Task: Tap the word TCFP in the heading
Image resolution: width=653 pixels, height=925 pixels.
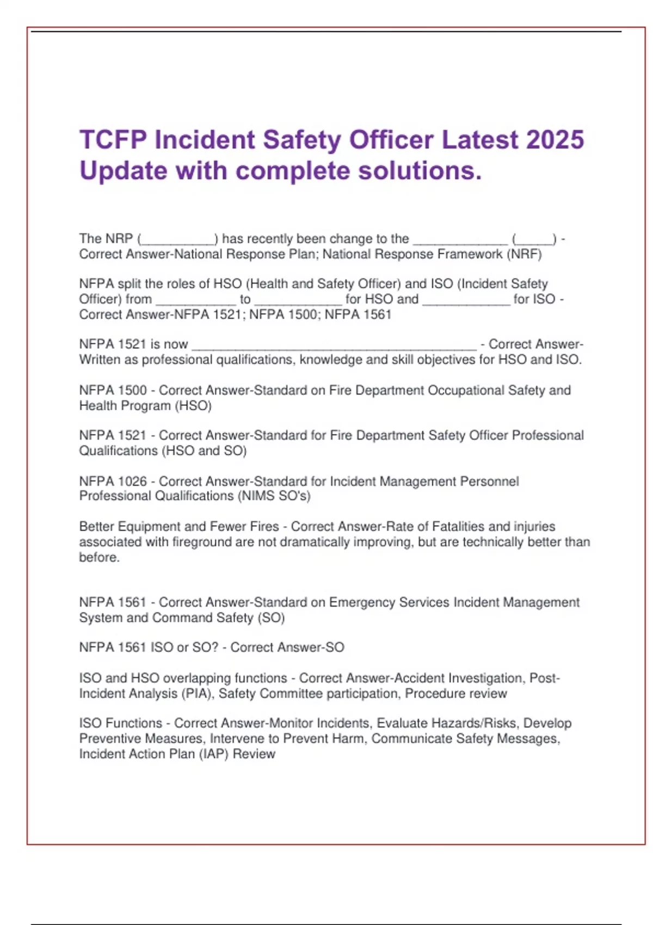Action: click(113, 140)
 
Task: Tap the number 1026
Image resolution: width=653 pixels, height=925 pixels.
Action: click(132, 481)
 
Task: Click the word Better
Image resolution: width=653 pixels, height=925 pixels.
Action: click(97, 526)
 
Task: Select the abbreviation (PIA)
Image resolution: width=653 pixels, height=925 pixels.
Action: click(196, 694)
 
